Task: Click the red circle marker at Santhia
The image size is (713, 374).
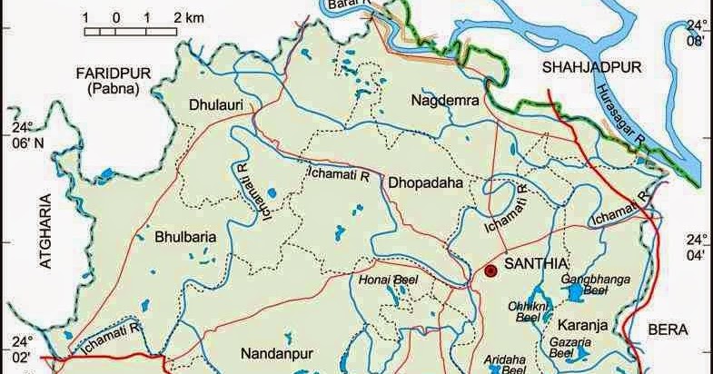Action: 491,271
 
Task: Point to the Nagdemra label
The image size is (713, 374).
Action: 443,99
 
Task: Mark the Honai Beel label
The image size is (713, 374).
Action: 392,280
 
